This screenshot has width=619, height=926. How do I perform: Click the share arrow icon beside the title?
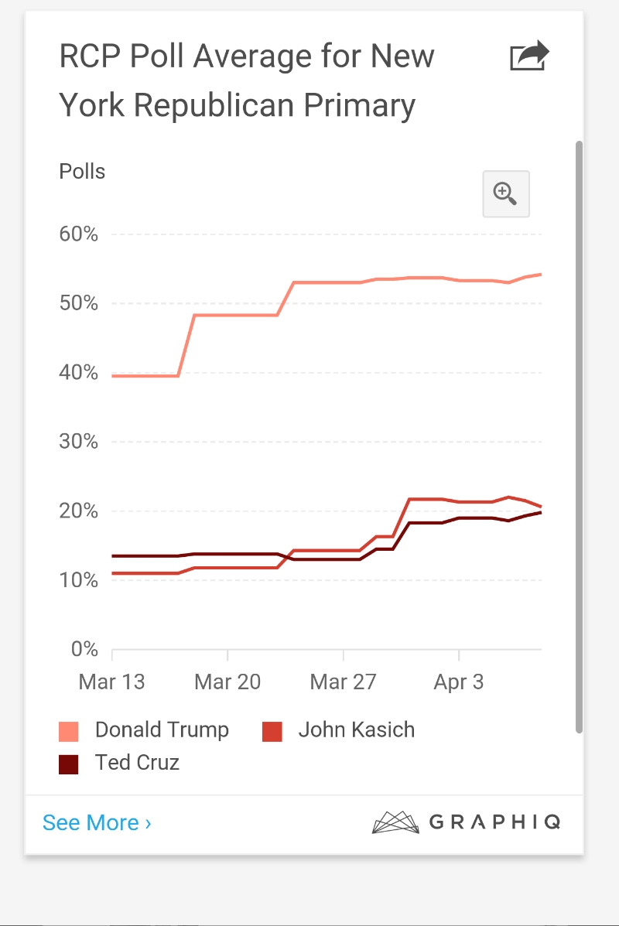point(529,57)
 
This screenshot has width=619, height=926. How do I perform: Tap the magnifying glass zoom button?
point(505,193)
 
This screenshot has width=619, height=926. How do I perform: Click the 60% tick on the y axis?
point(78,234)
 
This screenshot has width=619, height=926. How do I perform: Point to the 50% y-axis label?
point(78,303)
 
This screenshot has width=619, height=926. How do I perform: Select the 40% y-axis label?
point(78,373)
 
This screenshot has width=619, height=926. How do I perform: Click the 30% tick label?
point(78,442)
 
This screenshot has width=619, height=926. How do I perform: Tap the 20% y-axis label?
point(78,511)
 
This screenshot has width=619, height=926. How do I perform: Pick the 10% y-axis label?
point(78,580)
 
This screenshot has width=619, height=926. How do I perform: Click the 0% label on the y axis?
point(84,649)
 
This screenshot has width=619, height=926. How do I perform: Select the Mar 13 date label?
point(112,682)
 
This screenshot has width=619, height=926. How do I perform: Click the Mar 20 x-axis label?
point(227,682)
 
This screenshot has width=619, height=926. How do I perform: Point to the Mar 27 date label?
point(343,682)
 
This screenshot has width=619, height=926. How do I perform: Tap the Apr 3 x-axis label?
point(459,682)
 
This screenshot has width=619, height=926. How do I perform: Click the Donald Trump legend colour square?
point(69,731)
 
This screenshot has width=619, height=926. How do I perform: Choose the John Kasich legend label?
point(357,730)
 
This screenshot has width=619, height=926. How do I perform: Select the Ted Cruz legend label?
point(137,762)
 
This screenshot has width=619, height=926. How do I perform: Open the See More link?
point(97,822)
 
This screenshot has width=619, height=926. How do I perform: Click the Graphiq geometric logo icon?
point(395,822)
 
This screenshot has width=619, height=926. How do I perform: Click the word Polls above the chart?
point(82,171)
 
